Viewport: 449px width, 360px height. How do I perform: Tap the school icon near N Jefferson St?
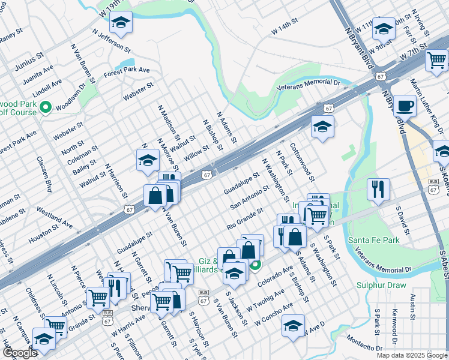121,23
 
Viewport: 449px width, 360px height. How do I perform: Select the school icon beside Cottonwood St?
322,127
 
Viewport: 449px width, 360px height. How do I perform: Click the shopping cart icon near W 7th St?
436,60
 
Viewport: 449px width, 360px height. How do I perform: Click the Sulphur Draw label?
381,286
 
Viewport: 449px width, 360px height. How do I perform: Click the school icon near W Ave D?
293,325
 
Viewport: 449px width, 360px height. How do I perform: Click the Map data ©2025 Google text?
412,355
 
